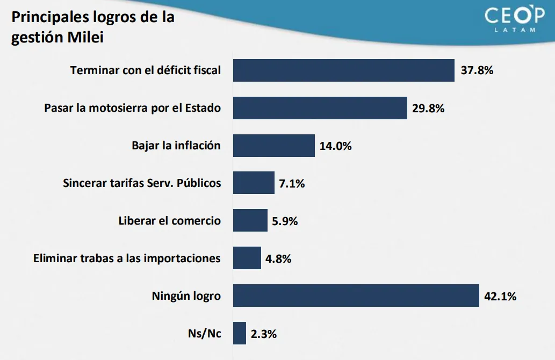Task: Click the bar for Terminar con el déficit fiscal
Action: pyautogui.click(x=344, y=70)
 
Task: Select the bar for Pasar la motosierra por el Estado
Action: pyautogui.click(x=320, y=108)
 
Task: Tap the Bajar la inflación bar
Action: pyautogui.click(x=273, y=146)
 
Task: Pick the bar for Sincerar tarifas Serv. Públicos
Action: pyautogui.click(x=254, y=183)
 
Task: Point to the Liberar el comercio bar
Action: pyautogui.click(x=250, y=220)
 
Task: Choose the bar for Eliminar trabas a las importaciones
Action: pyautogui.click(x=247, y=258)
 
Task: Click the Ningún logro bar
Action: pyautogui.click(x=356, y=296)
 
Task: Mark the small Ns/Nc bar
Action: pyautogui.click(x=240, y=333)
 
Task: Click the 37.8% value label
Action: pyautogui.click(x=477, y=70)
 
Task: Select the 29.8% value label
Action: pyautogui.click(x=429, y=108)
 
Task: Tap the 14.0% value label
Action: pyautogui.click(x=336, y=146)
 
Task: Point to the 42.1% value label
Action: pyautogui.click(x=500, y=296)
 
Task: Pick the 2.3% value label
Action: pyautogui.click(x=263, y=334)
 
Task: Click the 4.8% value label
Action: pyautogui.click(x=278, y=258)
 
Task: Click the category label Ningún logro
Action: pyautogui.click(x=186, y=296)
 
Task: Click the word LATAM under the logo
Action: pyautogui.click(x=514, y=30)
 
